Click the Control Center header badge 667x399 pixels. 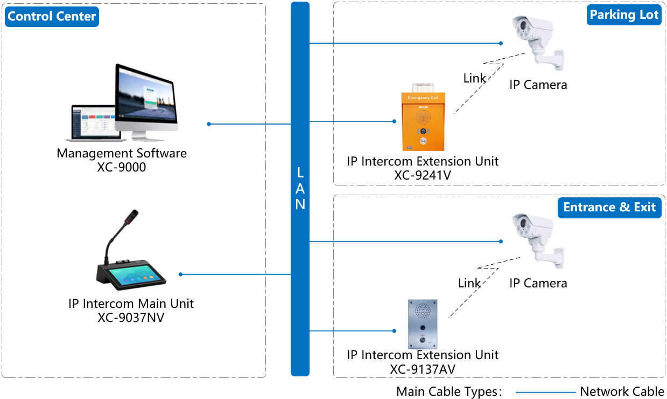coord(52,16)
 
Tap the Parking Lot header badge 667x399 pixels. coord(624,15)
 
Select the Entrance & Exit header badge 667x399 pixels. coord(609,208)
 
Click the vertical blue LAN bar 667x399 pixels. coord(300,189)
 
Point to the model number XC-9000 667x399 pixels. coord(122,167)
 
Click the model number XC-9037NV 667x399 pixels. coord(131,318)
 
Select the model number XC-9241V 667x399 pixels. coord(423,175)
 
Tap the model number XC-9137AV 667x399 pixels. coord(423,369)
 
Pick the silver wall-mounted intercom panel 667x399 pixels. coord(422,324)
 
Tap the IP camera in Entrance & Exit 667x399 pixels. coord(536,237)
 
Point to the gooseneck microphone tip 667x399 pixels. coord(130,217)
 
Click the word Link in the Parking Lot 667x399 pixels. coord(474,79)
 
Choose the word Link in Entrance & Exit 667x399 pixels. coord(469,283)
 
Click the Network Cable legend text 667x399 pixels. coord(622,392)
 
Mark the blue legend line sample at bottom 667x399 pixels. coord(545,393)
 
